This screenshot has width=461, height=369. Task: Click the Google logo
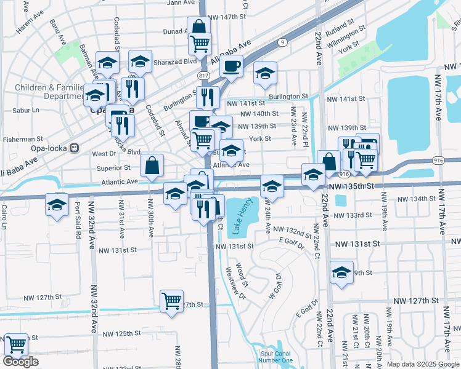[x=20, y=362]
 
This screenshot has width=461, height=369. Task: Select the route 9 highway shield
[x=282, y=42]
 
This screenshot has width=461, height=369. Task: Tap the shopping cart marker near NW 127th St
[x=172, y=301]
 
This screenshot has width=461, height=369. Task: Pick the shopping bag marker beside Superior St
[x=152, y=165]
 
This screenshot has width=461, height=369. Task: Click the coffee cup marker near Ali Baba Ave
[x=231, y=66]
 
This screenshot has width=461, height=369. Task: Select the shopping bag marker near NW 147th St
[x=198, y=28]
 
